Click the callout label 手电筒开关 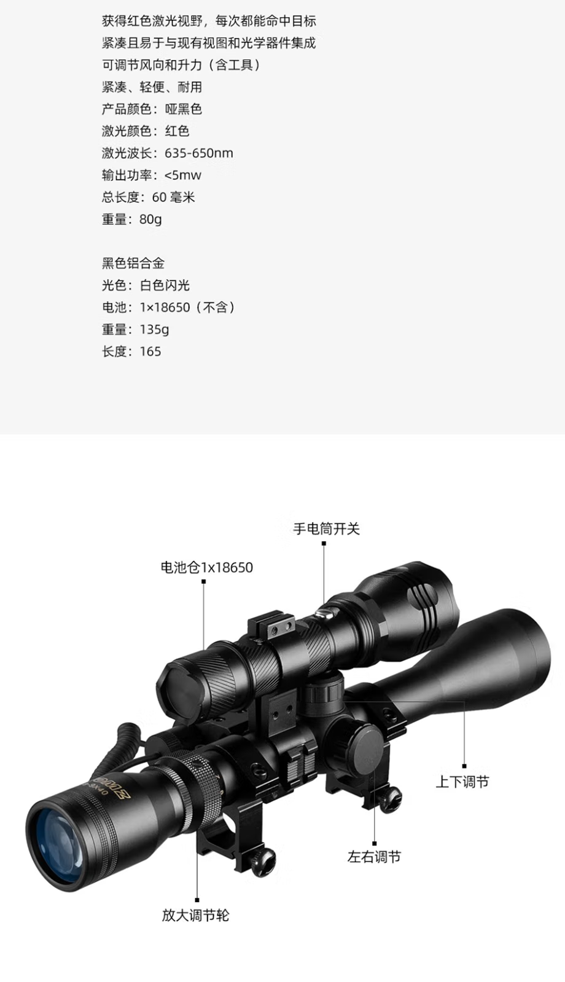[x=326, y=528]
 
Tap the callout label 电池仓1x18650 [x=207, y=567]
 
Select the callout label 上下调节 [x=462, y=782]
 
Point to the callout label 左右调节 [x=374, y=857]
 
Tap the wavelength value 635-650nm [x=199, y=153]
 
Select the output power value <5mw [x=182, y=175]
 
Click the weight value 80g [x=150, y=219]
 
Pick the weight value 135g [x=154, y=329]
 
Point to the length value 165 [x=150, y=351]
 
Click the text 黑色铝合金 [x=133, y=263]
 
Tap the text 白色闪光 [x=165, y=285]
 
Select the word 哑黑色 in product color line [x=183, y=109]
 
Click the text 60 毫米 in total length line [x=173, y=197]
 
